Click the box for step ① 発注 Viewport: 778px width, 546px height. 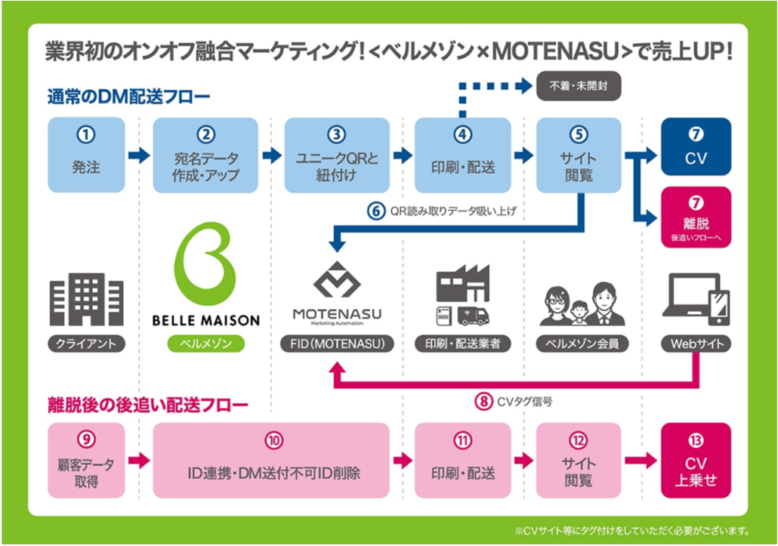tap(86, 155)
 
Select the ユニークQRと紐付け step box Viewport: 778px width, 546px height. tap(337, 155)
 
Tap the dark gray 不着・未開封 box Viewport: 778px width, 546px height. tap(579, 86)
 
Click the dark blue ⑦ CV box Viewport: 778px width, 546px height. tap(696, 147)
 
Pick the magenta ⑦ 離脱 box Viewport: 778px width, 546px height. tap(696, 217)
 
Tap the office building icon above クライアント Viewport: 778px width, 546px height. tap(86, 299)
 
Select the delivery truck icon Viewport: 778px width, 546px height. tap(474, 316)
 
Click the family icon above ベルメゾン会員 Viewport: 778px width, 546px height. tap(582, 304)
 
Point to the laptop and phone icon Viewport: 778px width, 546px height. tap(696, 299)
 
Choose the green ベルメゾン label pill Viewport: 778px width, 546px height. tap(206, 344)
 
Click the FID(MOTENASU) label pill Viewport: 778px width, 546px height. tap(338, 344)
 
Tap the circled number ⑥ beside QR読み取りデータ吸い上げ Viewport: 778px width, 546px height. tap(376, 211)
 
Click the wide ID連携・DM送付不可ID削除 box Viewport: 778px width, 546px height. tap(271, 460)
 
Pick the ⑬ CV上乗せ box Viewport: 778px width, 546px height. tap(696, 460)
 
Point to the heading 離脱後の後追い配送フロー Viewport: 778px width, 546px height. tap(148, 406)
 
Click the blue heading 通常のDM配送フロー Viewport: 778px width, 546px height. tap(129, 96)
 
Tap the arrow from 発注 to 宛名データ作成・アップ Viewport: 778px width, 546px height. tap(139, 156)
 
